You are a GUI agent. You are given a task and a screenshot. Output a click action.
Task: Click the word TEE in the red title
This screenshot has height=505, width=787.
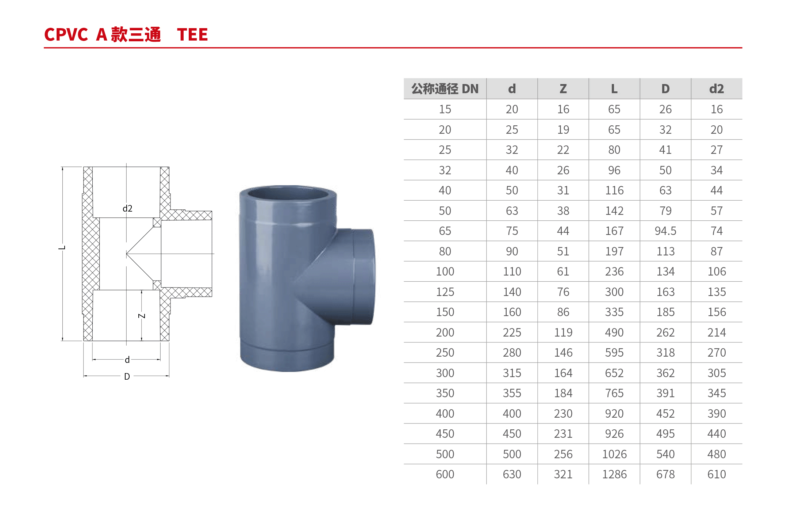point(192,35)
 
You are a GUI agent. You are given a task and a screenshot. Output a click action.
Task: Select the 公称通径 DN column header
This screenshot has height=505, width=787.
point(445,89)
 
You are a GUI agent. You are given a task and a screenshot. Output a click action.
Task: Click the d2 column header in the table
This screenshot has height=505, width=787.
point(716,89)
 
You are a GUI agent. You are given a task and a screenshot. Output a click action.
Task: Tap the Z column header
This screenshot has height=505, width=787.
point(563,89)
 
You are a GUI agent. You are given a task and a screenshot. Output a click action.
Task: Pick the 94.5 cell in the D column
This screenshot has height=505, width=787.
point(665,231)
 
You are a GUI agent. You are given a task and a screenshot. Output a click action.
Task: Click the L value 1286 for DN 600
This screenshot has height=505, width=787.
point(614,474)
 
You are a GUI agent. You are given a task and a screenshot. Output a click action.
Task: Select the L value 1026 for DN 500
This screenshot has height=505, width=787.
point(614,454)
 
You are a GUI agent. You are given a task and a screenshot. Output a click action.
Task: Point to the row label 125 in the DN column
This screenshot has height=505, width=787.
point(445,292)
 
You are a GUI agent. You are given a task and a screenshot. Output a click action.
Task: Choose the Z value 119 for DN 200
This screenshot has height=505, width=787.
point(563,333)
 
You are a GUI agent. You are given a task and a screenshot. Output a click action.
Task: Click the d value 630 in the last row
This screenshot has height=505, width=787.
point(512,474)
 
